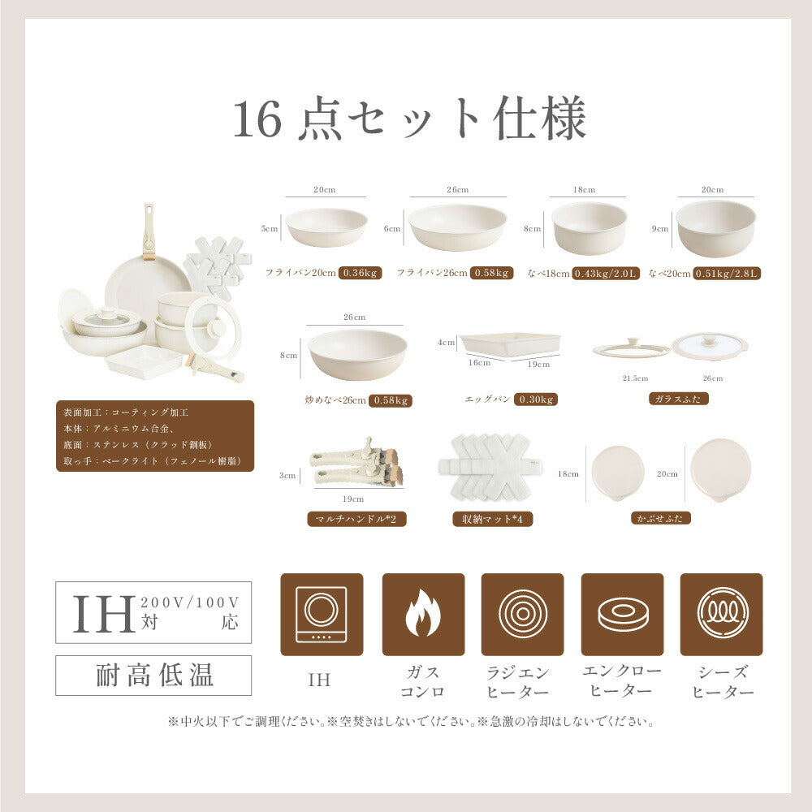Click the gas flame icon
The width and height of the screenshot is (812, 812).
[423, 614]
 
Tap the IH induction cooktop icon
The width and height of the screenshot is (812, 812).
[322, 614]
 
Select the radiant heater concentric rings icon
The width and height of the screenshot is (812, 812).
[522, 614]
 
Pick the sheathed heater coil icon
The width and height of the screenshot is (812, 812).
[721, 614]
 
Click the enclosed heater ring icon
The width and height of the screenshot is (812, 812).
[622, 614]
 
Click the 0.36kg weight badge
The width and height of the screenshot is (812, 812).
[360, 273]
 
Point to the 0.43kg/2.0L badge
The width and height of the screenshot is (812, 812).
[606, 274]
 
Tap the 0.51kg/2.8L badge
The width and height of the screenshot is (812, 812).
[727, 274]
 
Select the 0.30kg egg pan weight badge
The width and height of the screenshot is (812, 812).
[535, 400]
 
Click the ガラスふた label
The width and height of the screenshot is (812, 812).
[678, 399]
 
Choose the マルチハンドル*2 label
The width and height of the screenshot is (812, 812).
[356, 519]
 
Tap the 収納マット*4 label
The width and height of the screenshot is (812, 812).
[493, 519]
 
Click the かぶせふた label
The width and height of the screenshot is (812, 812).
[661, 518]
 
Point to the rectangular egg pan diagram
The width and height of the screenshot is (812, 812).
[510, 344]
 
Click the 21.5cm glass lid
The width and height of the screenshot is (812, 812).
[632, 348]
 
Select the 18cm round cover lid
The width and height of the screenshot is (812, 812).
[617, 473]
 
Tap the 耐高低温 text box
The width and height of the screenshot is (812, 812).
[153, 676]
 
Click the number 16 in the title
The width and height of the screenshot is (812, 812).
[257, 119]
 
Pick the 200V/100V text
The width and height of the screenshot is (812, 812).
[189, 603]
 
